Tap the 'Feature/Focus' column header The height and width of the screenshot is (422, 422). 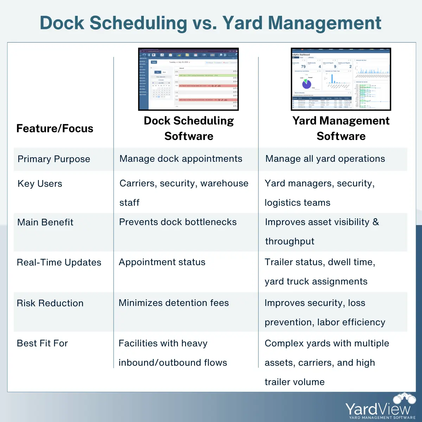(55, 128)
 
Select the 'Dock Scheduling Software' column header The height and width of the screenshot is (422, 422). (189, 128)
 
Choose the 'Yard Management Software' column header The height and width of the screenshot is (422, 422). (341, 128)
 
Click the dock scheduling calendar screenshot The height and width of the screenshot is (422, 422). (188, 79)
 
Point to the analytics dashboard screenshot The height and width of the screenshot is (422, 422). (341, 79)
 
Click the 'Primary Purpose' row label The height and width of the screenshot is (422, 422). (54, 159)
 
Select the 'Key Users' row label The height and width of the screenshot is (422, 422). (40, 184)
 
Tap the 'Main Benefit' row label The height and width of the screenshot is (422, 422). (45, 222)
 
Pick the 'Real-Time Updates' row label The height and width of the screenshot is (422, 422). (59, 262)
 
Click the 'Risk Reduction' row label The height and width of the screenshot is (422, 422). (50, 303)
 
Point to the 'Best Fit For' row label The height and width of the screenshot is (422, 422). (43, 343)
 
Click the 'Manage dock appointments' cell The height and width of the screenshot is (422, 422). (181, 159)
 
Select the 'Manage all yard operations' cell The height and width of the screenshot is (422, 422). (325, 159)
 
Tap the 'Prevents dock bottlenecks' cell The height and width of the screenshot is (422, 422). (178, 222)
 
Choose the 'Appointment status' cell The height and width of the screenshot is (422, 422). (162, 262)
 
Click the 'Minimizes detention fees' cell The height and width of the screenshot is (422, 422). (174, 303)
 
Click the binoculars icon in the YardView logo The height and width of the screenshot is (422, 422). (404, 398)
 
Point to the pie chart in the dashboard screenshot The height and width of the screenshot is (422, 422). (307, 84)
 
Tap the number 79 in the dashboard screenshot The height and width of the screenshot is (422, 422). (303, 66)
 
